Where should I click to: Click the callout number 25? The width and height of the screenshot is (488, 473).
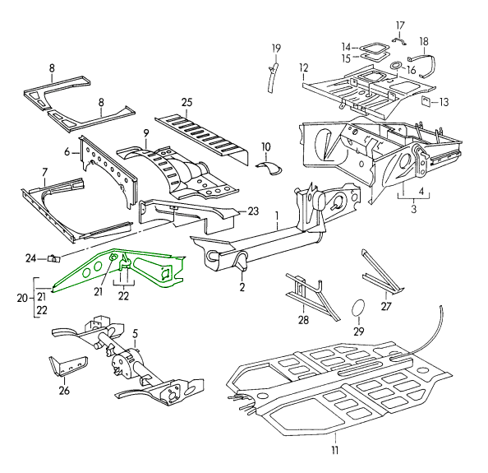click(x=187, y=103)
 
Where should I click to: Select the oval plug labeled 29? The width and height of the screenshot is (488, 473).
click(x=358, y=308)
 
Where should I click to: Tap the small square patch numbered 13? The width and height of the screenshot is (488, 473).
click(x=426, y=101)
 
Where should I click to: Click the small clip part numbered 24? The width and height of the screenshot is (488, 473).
click(x=53, y=258)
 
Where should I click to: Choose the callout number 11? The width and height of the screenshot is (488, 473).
click(x=335, y=451)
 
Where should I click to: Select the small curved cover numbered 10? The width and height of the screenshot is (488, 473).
click(x=269, y=167)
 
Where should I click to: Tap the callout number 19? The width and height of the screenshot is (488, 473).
click(x=276, y=49)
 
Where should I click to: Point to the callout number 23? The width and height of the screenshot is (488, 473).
click(x=253, y=211)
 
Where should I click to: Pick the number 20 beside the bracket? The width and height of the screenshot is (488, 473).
click(x=22, y=298)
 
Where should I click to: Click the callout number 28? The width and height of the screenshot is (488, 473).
click(x=303, y=320)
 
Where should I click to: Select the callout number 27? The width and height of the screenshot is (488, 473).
click(x=386, y=307)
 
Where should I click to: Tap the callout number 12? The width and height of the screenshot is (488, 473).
click(x=304, y=67)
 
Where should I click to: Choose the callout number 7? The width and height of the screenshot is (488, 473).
click(x=45, y=172)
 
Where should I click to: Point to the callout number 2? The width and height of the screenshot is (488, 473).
click(x=242, y=286)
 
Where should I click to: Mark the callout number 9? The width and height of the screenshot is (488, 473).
click(x=146, y=133)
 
